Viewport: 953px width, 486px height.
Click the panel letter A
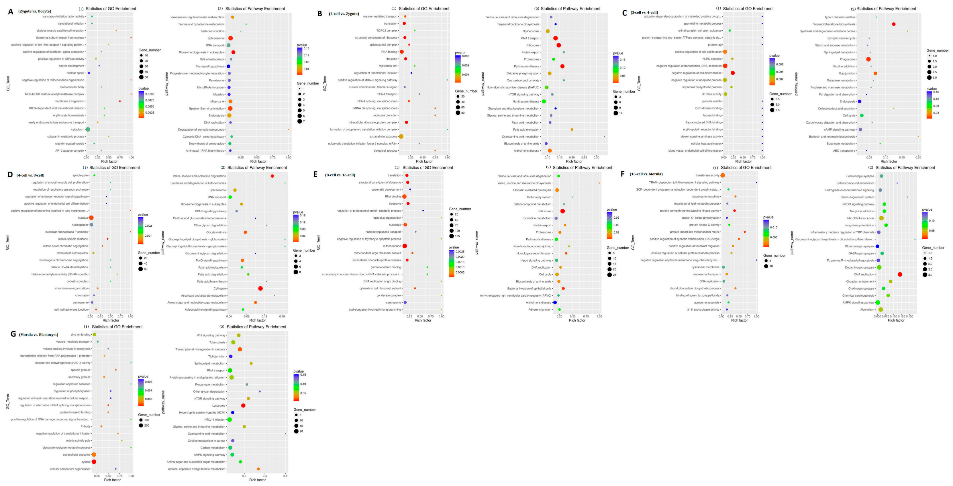click(x=10, y=12)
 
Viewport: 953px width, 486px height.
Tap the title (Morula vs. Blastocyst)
click(x=38, y=335)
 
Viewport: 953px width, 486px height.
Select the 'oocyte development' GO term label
click(x=71, y=66)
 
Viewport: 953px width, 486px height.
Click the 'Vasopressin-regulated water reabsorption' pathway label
click(x=197, y=17)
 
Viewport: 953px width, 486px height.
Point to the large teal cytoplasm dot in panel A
click(x=88, y=130)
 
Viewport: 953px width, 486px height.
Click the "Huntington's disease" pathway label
click(x=526, y=101)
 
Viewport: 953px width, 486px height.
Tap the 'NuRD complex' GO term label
click(x=712, y=59)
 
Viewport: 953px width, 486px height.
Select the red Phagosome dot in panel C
click(x=868, y=59)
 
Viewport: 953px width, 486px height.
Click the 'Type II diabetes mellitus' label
click(x=840, y=17)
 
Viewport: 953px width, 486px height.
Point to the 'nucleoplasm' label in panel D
click(x=80, y=225)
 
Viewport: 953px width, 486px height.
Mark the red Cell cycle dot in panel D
click(x=260, y=289)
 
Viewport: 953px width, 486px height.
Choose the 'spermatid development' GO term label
click(x=386, y=190)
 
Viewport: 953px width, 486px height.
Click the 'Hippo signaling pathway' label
click(x=536, y=260)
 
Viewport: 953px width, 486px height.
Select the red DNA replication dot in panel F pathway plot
click(x=900, y=275)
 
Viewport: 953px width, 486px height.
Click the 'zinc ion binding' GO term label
click(x=80, y=335)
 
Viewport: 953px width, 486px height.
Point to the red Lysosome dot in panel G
click(x=243, y=406)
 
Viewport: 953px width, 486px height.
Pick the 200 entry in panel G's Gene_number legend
click(x=146, y=426)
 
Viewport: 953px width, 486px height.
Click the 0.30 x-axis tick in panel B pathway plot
click(x=596, y=157)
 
